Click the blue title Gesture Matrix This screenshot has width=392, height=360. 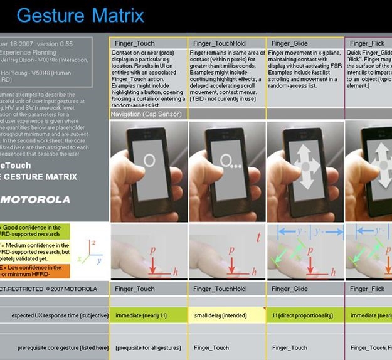(x=80, y=15)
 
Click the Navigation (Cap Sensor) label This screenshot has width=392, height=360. (x=146, y=115)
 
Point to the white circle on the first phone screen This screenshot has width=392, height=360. (x=149, y=160)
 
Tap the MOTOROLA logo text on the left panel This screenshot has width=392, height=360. (x=35, y=199)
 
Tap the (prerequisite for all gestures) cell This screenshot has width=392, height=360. (x=148, y=347)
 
